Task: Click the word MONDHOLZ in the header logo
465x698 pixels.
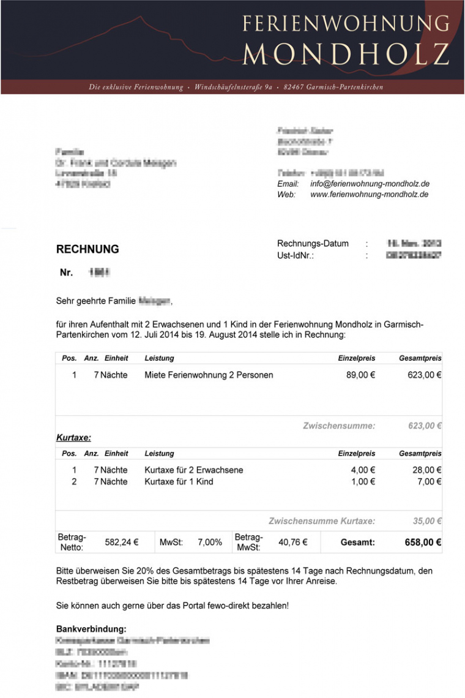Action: coord(346,54)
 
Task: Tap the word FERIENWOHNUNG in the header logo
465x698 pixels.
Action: coord(346,23)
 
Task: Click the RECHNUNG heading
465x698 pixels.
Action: coord(87,249)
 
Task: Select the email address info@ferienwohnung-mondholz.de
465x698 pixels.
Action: coord(370,184)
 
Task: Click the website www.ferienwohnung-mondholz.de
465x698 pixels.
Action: coord(370,195)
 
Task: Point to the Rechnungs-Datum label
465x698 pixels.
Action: coord(313,244)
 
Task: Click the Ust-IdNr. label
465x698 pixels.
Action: coord(296,255)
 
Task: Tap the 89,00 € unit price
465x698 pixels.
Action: coord(360,375)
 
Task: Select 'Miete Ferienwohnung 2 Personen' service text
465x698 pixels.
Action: coord(209,375)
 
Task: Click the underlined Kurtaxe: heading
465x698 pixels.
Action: coord(73,438)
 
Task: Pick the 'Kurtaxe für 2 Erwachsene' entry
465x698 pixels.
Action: coord(194,470)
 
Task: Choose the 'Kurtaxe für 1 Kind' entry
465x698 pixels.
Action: coord(179,481)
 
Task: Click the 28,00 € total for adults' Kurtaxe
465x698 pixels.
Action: coord(427,470)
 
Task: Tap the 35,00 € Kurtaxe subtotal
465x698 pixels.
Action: coord(427,521)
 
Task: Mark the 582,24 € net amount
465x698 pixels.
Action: coord(122,542)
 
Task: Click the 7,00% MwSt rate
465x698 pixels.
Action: coord(210,542)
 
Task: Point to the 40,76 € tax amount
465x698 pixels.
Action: coord(293,542)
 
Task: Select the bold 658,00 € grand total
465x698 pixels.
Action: coord(423,542)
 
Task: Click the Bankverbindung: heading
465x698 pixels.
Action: coord(91,629)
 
